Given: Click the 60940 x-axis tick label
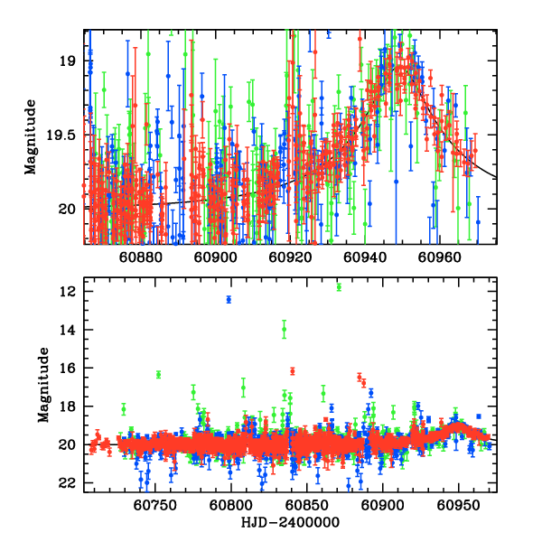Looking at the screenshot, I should (x=367, y=257).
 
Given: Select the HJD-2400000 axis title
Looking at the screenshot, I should (x=289, y=523).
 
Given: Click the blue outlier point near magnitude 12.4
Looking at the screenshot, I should (x=229, y=299).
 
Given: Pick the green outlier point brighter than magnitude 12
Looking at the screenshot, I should (x=339, y=287).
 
